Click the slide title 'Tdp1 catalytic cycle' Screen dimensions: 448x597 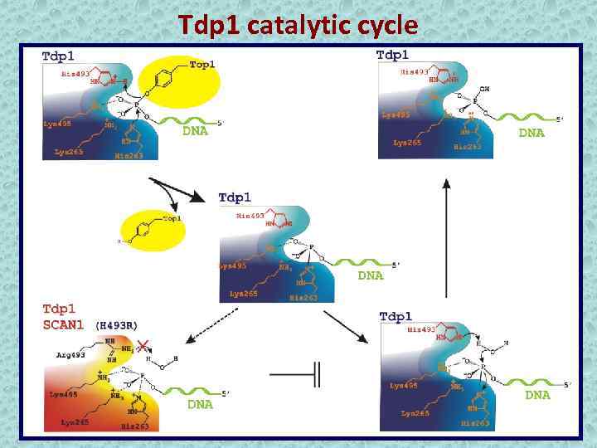tap(298, 25)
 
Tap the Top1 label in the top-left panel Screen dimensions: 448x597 tap(203, 65)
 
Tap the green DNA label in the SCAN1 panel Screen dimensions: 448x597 tap(199, 405)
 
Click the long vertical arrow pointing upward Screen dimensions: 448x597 tap(447, 241)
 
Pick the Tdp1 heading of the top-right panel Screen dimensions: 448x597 tap(393, 55)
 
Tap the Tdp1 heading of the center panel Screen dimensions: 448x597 tap(235, 197)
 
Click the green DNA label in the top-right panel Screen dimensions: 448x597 tap(531, 133)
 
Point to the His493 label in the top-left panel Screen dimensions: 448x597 tap(75, 73)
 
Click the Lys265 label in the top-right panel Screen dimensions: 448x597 tap(407, 143)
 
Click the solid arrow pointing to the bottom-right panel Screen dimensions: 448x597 tap(347, 326)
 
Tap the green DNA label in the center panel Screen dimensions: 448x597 tap(370, 276)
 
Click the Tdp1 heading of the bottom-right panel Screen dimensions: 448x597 tap(396, 317)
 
